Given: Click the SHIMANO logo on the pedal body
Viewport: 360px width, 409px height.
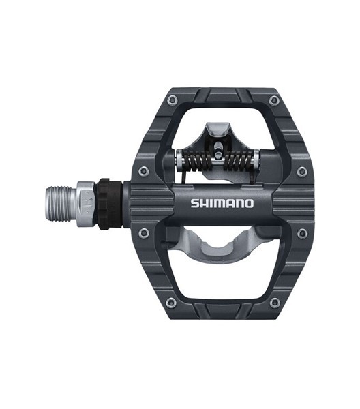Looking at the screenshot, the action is (222, 203).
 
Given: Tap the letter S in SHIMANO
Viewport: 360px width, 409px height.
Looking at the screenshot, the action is (195, 203).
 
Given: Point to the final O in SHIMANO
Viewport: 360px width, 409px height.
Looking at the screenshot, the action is (249, 204).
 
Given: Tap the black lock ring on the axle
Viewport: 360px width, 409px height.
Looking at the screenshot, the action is (109, 204).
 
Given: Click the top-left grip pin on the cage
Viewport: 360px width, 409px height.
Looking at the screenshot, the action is (172, 100).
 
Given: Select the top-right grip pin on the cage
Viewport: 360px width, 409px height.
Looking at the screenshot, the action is (274, 100).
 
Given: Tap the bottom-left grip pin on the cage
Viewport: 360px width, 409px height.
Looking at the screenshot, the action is (171, 303).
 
